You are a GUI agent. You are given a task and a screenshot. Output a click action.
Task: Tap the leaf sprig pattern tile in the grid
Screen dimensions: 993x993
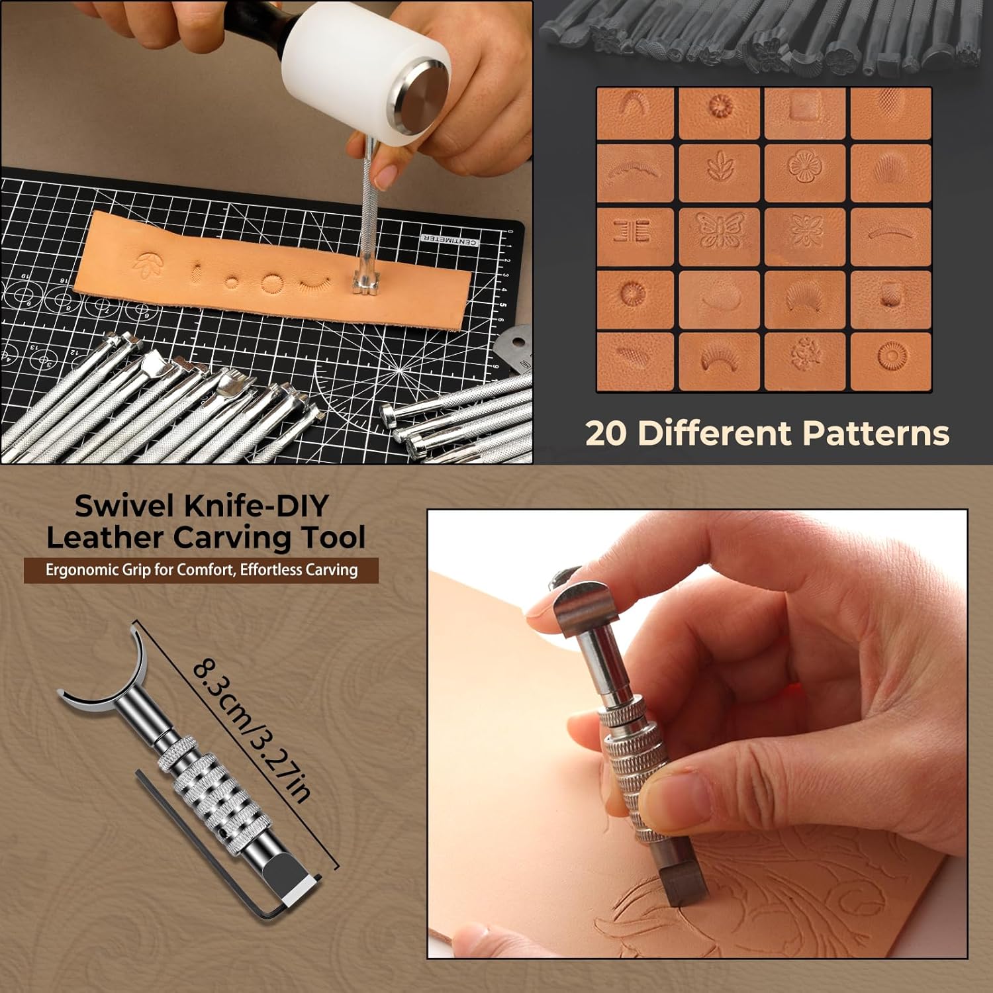coord(720,173)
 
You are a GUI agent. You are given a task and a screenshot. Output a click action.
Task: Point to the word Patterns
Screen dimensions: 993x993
coord(876,434)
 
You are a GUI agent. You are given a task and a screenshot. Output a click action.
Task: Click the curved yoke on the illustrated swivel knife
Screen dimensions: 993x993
coord(106,685)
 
